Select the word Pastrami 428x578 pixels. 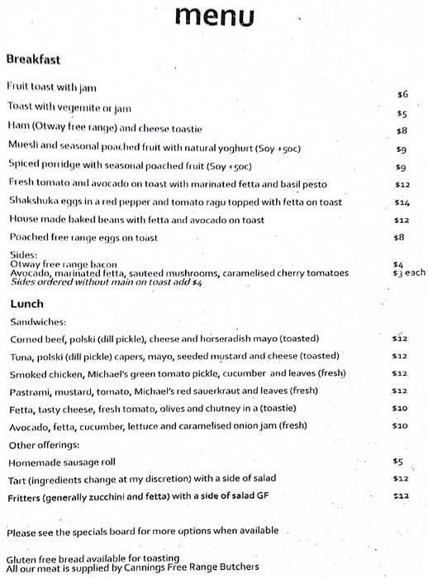pos(30,391)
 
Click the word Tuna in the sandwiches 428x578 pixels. pos(21,356)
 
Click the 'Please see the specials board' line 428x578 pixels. pos(142,530)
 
